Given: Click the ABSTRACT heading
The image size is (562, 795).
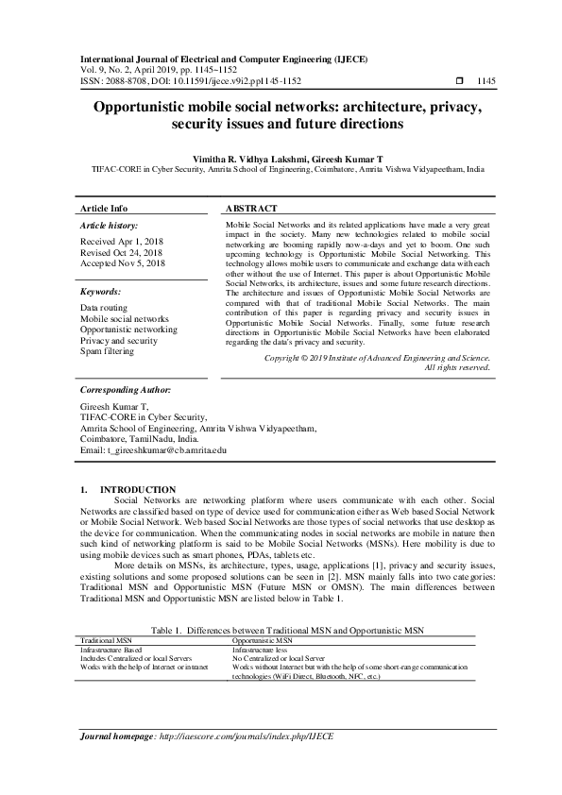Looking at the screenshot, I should click(251, 208).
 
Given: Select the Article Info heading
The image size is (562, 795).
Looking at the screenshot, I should click(104, 208).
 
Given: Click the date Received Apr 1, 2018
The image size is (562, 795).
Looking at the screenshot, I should click(121, 242).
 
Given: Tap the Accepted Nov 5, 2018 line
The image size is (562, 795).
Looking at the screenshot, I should click(123, 263).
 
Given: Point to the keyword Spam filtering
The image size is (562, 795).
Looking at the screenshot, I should click(107, 351).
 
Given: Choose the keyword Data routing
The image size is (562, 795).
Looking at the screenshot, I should click(105, 308).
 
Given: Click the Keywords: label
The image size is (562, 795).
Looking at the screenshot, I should click(101, 292).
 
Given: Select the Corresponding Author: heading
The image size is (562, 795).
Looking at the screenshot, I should click(126, 389).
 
